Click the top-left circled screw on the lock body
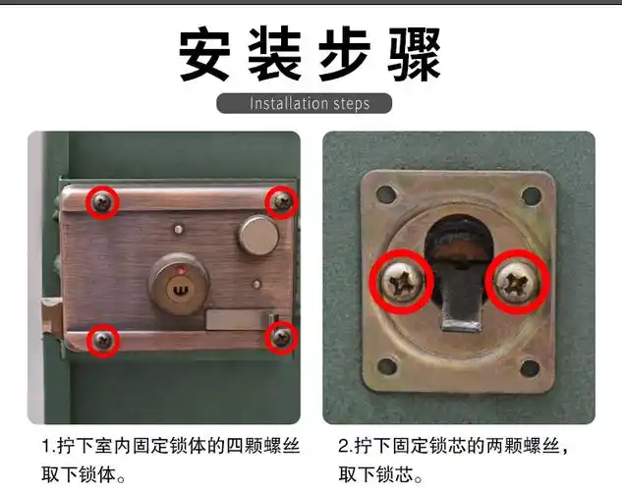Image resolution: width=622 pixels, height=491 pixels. (x=102, y=202)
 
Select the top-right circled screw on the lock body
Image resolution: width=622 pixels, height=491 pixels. (x=281, y=202)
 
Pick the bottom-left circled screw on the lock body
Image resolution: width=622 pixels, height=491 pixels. (x=102, y=340)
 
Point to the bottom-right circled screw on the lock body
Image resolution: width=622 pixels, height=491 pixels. (x=281, y=338)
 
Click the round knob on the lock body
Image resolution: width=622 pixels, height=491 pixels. (x=255, y=236)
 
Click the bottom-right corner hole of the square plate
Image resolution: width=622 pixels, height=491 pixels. (x=531, y=368)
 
